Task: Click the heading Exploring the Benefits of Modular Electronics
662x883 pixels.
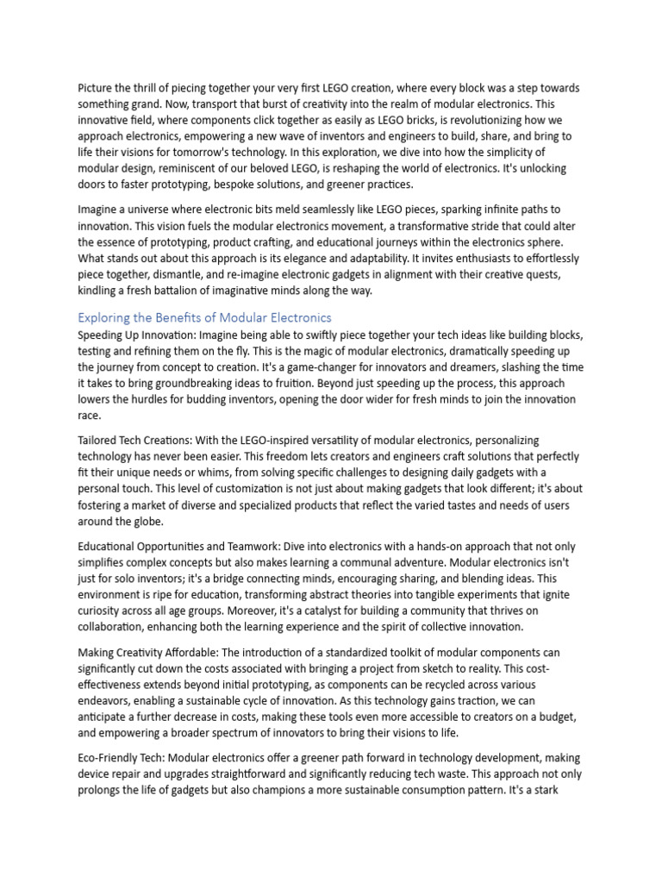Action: pyautogui.click(x=204, y=317)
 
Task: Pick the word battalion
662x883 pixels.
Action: pyautogui.click(x=195, y=291)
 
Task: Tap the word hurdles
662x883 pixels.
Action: pyautogui.click(x=160, y=399)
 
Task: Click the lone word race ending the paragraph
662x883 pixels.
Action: pyautogui.click(x=89, y=416)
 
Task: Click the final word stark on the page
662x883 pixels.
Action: pyautogui.click(x=566, y=790)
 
